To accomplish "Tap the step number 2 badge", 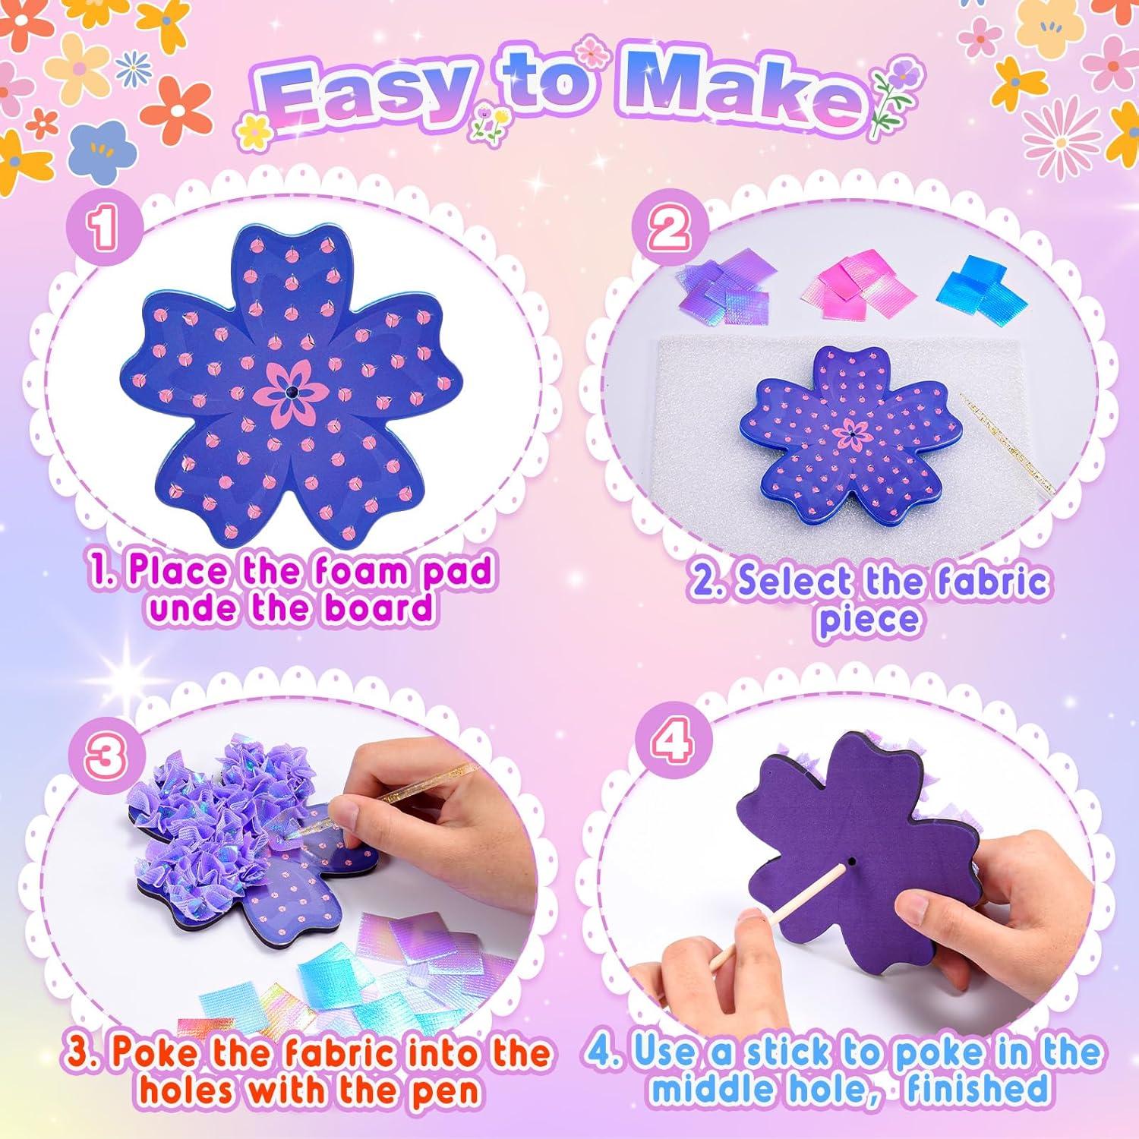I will point(669,229).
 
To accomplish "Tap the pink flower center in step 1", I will point(292,393).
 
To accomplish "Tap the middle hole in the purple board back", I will point(851,863).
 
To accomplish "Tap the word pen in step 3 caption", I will point(443,1090).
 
